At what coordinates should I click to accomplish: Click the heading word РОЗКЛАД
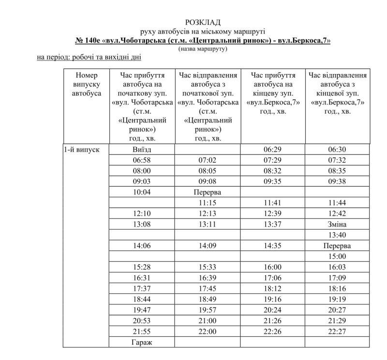point(203,22)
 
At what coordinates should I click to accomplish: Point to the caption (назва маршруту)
point(203,49)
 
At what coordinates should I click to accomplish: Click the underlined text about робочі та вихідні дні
point(89,58)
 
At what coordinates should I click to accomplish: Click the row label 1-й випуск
point(82,150)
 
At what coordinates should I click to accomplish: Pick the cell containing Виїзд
point(142,150)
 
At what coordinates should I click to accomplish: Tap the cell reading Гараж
point(142,342)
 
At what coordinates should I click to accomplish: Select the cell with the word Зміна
point(337,224)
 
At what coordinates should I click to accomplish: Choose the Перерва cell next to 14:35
point(337,245)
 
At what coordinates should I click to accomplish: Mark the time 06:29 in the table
point(272,150)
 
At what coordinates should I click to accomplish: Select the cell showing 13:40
point(337,235)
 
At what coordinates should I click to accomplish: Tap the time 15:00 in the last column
point(337,256)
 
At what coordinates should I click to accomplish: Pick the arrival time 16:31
point(142,278)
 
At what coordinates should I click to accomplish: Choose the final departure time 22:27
point(337,331)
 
